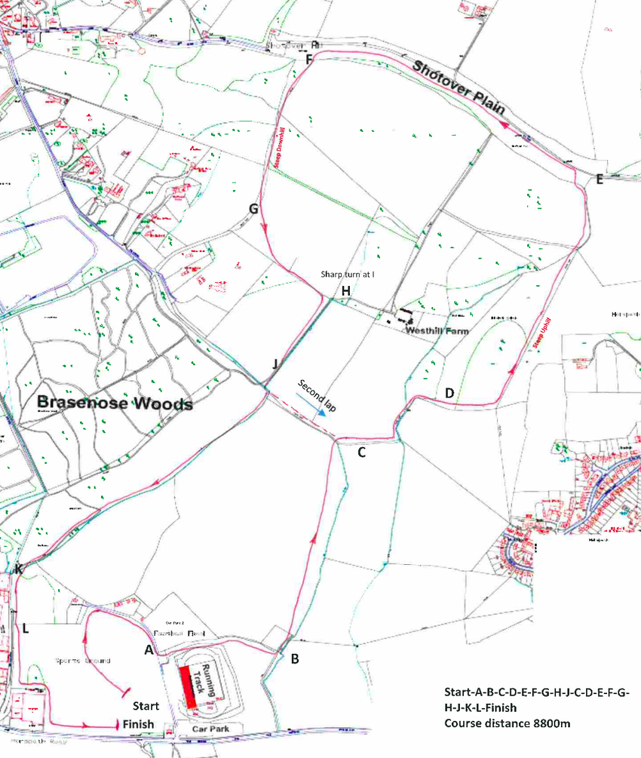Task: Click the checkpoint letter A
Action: point(149,649)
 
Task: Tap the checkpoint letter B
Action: point(295,658)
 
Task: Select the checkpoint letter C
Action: point(361,453)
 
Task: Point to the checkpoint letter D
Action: point(449,393)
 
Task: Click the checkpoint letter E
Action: point(600,180)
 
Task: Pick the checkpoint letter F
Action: point(308,60)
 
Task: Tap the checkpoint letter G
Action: point(253,208)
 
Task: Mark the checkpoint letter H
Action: point(346,291)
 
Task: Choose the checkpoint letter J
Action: point(275,364)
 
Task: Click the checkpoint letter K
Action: point(19,569)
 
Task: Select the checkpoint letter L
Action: point(26,628)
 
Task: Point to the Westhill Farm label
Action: point(437,331)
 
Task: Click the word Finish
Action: point(139,724)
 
